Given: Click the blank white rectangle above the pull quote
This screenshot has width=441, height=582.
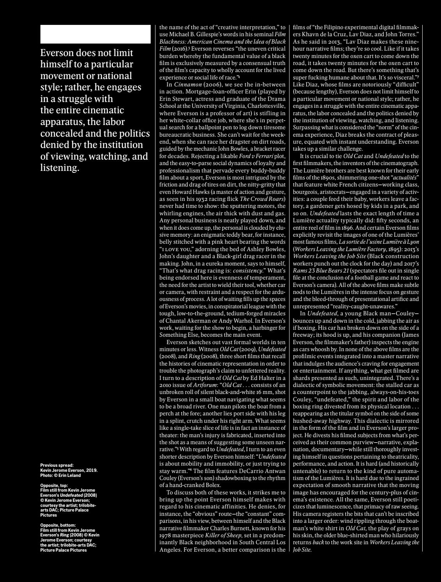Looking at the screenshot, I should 95,34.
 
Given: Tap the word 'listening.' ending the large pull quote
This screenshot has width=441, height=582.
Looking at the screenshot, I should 60,168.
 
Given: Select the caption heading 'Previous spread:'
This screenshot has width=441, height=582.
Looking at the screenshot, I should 57,465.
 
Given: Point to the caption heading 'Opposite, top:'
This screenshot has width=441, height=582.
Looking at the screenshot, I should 55,485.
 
